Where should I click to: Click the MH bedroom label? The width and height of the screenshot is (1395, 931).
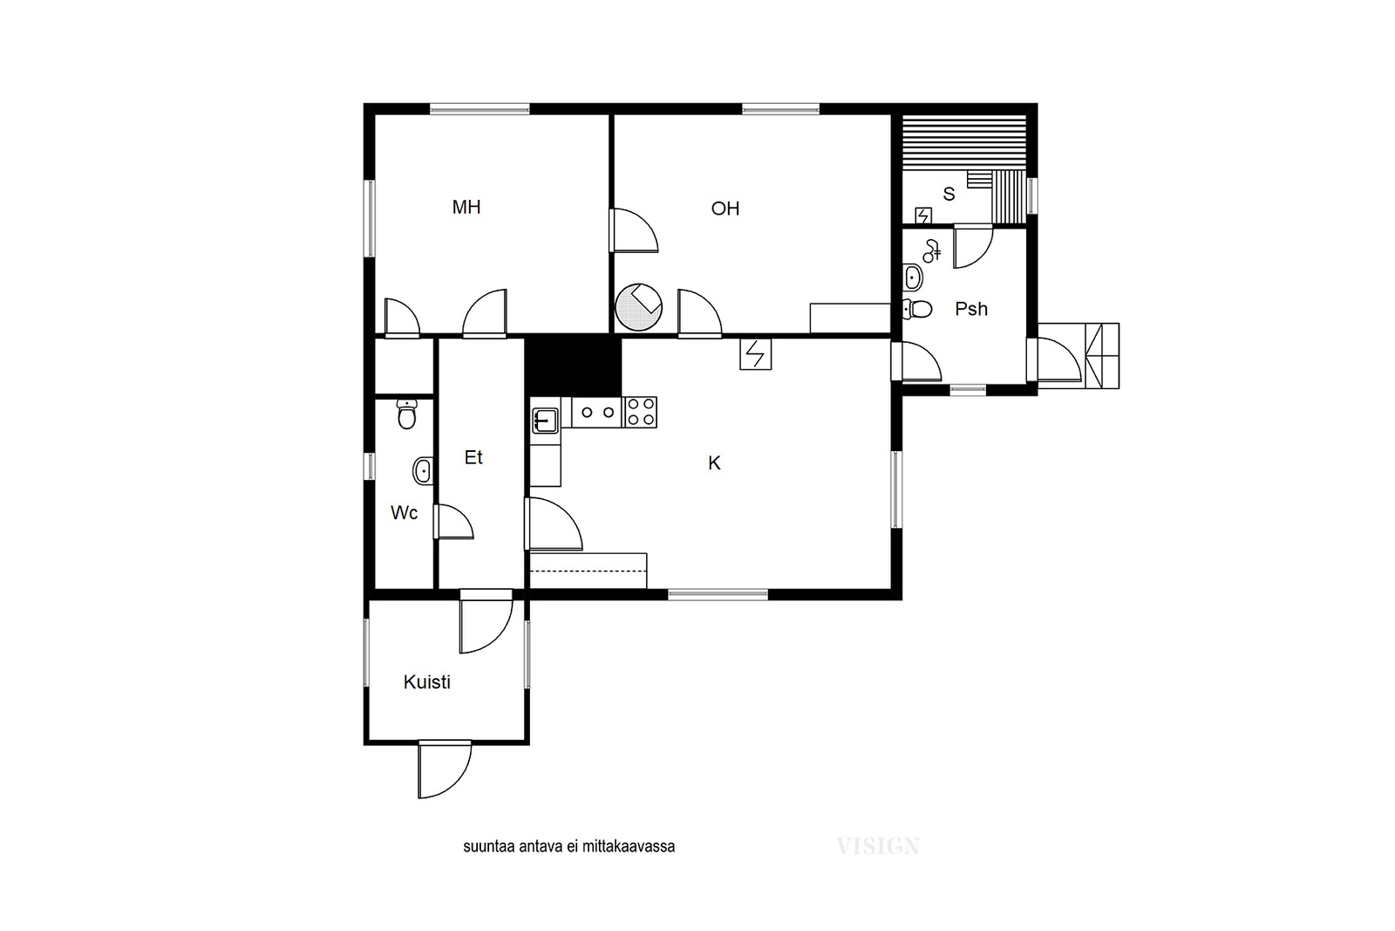pos(466,207)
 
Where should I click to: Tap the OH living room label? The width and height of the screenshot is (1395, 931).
pos(725,209)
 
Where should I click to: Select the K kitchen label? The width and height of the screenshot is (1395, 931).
pos(714,463)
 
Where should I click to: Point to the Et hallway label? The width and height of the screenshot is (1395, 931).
pos(473,457)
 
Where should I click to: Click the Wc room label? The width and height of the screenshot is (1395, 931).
pos(404,513)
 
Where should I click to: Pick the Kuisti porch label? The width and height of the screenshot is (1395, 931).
pos(426,681)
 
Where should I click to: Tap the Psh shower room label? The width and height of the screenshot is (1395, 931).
pos(971,309)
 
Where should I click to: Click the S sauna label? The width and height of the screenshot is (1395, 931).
pos(949,195)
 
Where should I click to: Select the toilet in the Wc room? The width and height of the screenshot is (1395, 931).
pos(406,414)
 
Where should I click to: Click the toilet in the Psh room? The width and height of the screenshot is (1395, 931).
pos(917,309)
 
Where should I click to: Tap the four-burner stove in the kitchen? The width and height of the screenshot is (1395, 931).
pos(641,412)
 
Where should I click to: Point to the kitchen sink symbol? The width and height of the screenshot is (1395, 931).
pos(546,421)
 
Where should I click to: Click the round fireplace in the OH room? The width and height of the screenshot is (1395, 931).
pos(638,306)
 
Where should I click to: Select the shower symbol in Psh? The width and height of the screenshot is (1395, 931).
pos(932,250)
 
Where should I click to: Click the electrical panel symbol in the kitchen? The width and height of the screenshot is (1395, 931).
pos(755,354)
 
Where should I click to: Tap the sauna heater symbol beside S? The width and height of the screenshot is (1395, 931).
pos(923,216)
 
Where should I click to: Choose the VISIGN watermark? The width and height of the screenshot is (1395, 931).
pos(877,846)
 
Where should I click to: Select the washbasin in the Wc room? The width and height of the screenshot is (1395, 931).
pos(423,470)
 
